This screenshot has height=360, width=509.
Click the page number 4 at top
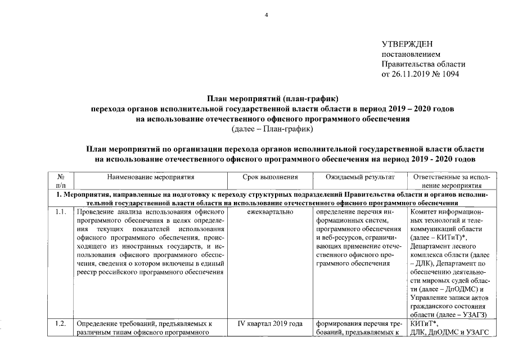pyautogui.click(x=267, y=15)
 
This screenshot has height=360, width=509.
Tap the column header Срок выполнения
pyautogui.click(x=274, y=177)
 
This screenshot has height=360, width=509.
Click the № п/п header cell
pyautogui.click(x=62, y=181)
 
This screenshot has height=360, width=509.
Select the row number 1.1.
pyautogui.click(x=61, y=212)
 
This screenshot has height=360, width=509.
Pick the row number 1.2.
pyautogui.click(x=61, y=323)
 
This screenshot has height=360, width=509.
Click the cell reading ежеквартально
pyautogui.click(x=274, y=212)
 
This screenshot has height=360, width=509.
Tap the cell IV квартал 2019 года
pyautogui.click(x=274, y=323)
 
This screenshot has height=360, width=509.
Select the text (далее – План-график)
pyautogui.click(x=272, y=129)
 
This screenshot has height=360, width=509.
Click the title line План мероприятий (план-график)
pyautogui.click(x=272, y=99)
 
